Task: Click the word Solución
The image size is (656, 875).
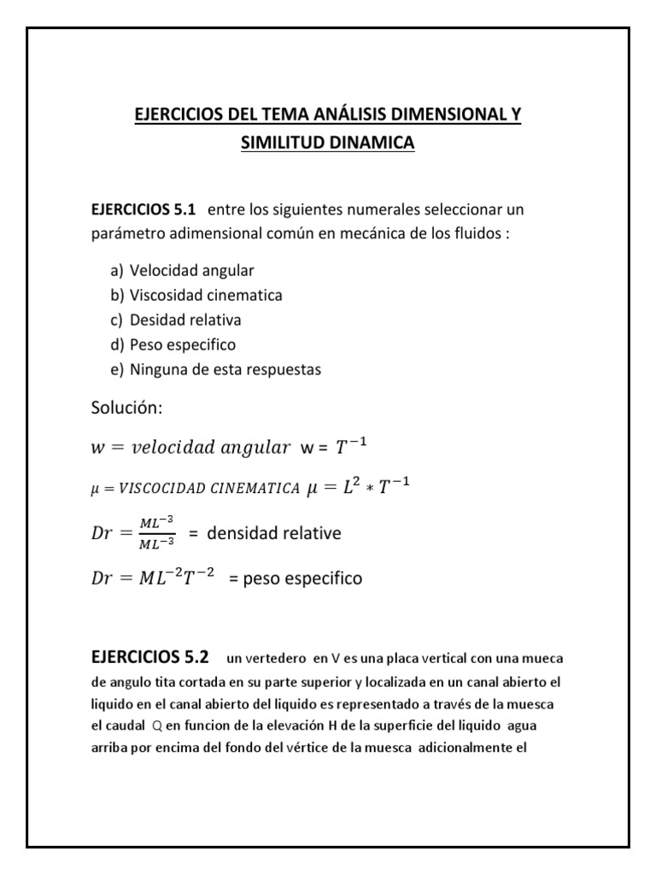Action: click(126, 409)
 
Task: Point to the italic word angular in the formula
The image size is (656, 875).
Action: click(255, 447)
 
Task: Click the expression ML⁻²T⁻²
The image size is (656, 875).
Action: click(177, 578)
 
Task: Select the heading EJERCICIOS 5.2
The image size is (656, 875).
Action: click(149, 658)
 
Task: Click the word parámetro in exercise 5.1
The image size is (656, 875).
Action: click(124, 234)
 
